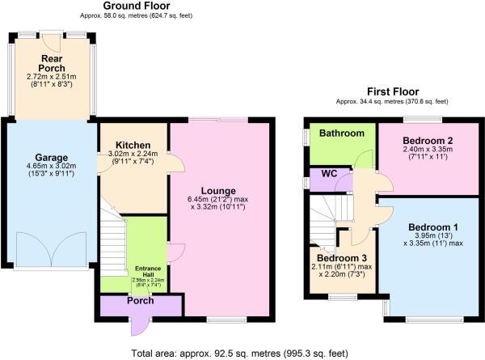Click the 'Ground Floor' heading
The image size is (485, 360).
click(x=136, y=6)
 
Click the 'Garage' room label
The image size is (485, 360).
click(x=50, y=158)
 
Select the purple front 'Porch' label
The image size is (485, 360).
click(x=139, y=300)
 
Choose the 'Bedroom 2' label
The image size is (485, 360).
click(x=428, y=140)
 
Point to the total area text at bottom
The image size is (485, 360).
click(x=242, y=353)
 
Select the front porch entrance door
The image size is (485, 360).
click(x=140, y=324)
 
